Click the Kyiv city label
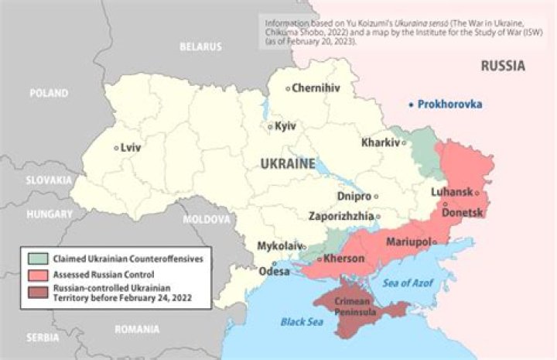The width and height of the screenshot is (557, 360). pos(285,126)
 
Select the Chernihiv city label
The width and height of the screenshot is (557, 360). pos(316,88)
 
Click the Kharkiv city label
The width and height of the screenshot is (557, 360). pos(380,142)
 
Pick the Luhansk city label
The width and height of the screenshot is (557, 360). pos(452,193)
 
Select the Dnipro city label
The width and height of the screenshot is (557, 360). pos(354,197)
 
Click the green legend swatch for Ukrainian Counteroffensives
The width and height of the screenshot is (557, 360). pos(36,259)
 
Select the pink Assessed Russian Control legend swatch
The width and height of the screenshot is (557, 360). pos(36,274)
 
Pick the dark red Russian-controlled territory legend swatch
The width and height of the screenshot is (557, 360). pos(36,291)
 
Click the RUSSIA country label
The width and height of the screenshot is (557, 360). pos(503,66)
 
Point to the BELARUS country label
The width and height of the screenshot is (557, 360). pos(200,46)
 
